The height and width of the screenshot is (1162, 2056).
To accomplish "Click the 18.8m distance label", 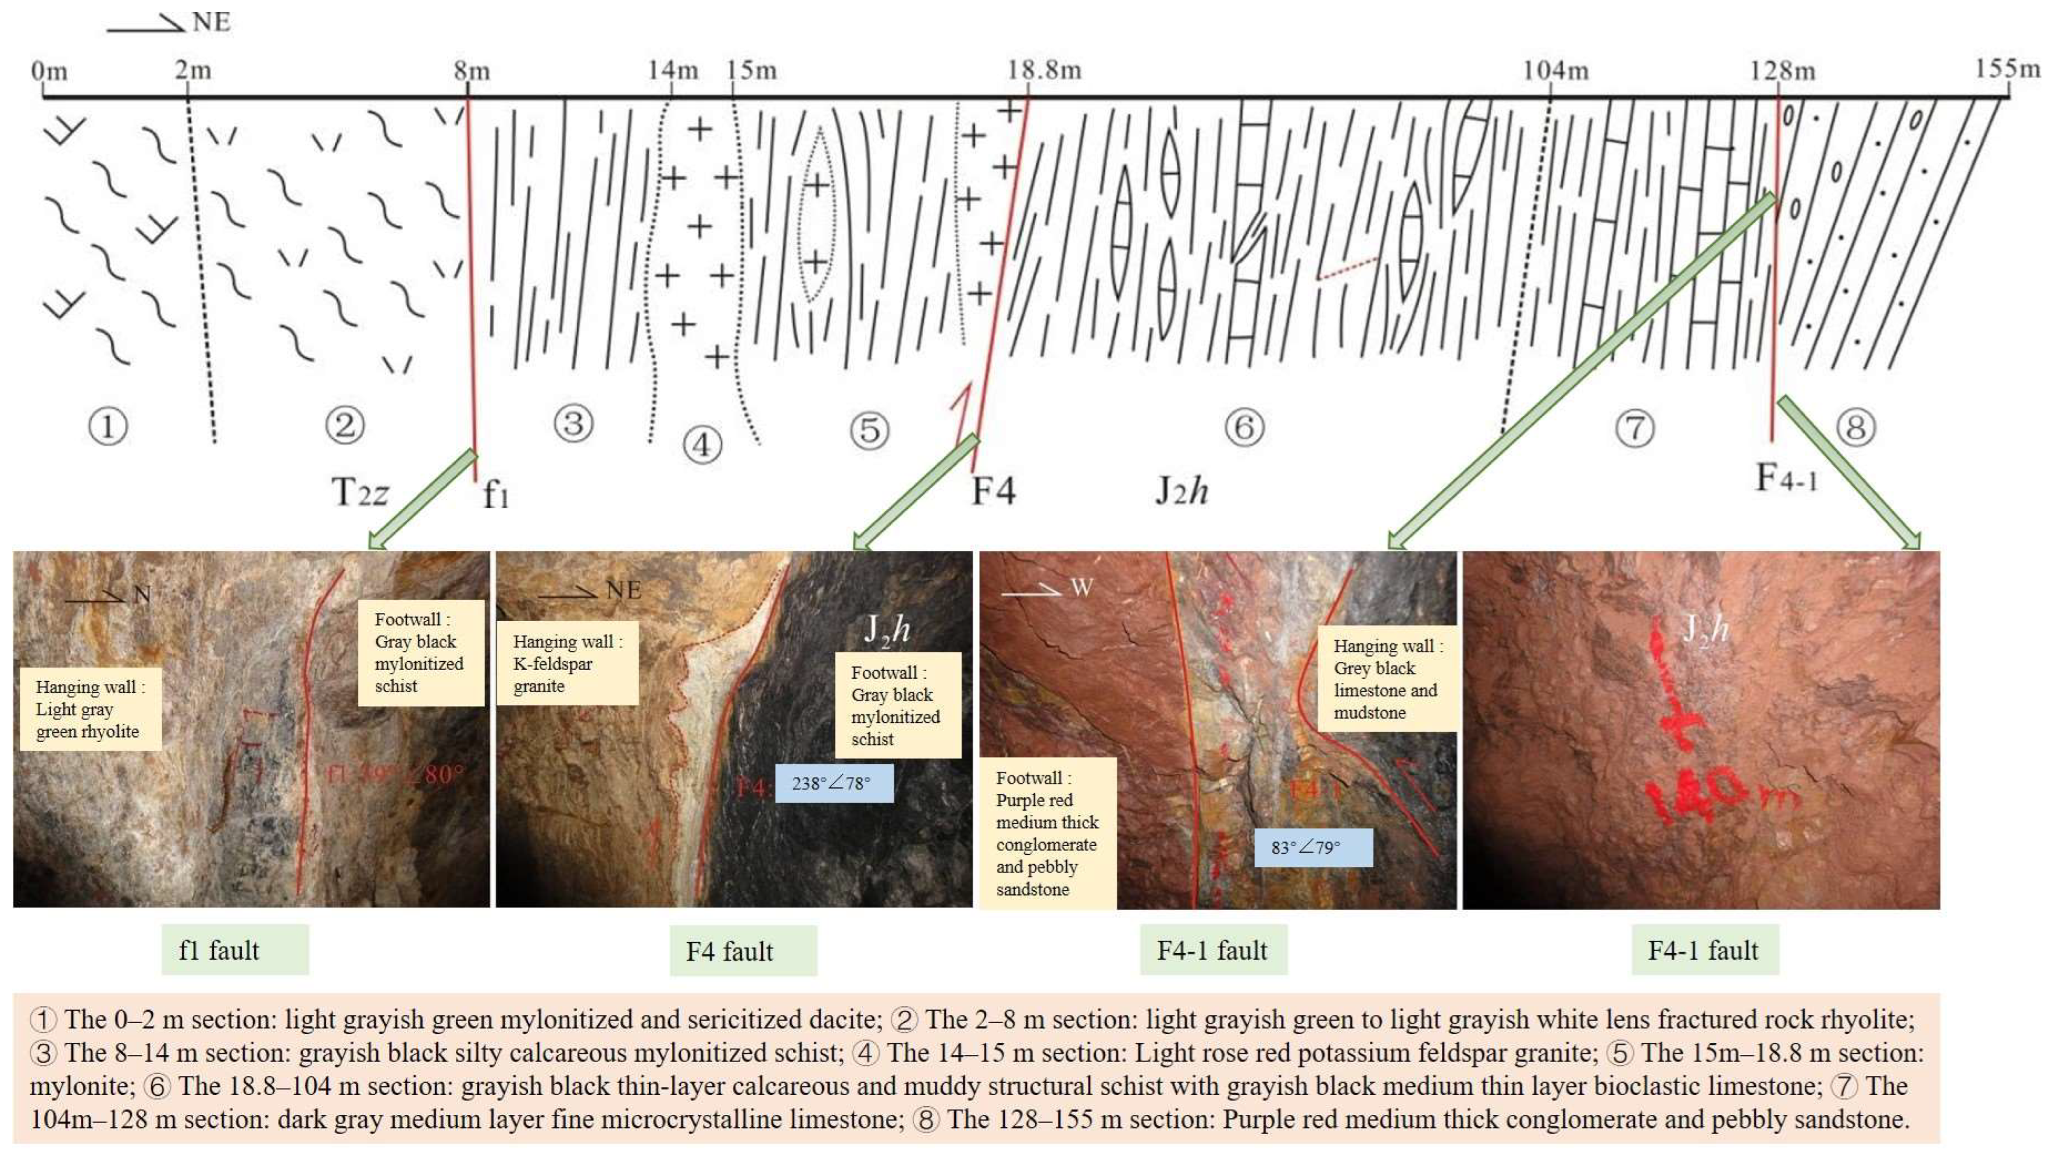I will [1043, 70].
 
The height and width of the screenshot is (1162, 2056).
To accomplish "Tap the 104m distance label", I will [1555, 70].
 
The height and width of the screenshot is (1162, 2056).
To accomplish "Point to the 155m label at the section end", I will [2007, 68].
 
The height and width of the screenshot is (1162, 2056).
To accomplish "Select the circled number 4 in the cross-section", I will [702, 444].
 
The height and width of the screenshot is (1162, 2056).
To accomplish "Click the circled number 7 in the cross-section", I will [1634, 429].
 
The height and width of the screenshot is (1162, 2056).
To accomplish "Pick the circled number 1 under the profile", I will [108, 426].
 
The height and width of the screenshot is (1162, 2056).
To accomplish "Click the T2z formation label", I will [360, 491].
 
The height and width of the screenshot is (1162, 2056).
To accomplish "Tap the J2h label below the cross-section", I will [1182, 490].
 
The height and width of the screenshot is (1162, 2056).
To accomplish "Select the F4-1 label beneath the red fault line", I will [1786, 479].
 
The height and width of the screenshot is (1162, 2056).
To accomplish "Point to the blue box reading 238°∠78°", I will [833, 784].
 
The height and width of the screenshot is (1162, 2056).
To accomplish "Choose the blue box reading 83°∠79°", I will [1312, 847].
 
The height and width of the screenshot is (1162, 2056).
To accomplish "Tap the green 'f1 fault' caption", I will [235, 950].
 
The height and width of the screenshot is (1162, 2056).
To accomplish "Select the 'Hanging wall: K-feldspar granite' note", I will [567, 663].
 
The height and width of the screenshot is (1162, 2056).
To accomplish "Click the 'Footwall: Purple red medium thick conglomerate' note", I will [1047, 833].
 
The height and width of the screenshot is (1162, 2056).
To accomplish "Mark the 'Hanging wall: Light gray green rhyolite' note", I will [90, 709].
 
